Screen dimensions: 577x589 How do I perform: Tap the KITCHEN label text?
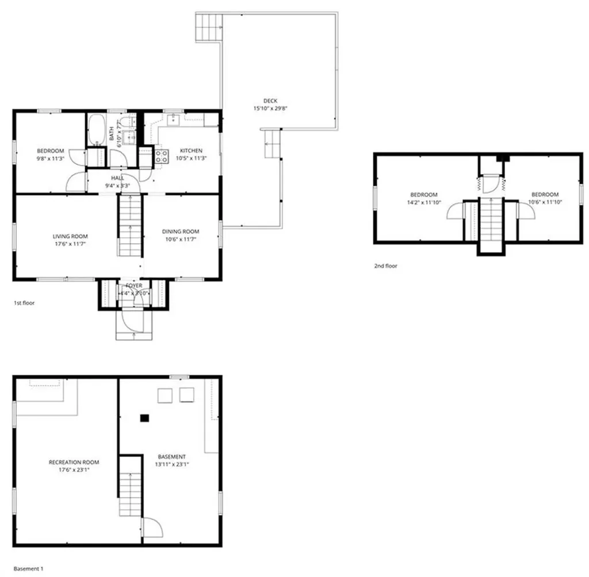pyautogui.click(x=190, y=151)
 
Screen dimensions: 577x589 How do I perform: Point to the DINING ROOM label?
pyautogui.click(x=181, y=232)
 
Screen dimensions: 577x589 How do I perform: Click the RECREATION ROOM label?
pyautogui.click(x=74, y=462)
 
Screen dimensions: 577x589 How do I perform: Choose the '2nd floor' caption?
pyautogui.click(x=385, y=266)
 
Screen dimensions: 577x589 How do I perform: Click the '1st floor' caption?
pyautogui.click(x=25, y=302)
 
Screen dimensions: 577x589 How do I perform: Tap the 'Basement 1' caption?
pyautogui.click(x=28, y=569)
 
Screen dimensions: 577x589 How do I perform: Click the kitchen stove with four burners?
pyautogui.click(x=162, y=157)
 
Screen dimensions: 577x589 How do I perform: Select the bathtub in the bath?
pyautogui.click(x=96, y=129)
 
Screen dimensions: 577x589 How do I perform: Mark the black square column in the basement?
pyautogui.click(x=146, y=418)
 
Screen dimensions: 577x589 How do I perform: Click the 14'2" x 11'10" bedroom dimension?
pyautogui.click(x=423, y=202)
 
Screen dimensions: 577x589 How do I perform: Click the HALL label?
pyautogui.click(x=117, y=178)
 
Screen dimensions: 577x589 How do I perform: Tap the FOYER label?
pyautogui.click(x=133, y=285)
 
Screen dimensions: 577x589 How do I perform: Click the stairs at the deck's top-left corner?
pyautogui.click(x=209, y=27)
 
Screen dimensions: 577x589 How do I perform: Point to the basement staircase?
pyautogui.click(x=131, y=486)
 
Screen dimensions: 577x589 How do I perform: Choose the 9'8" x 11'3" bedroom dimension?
pyautogui.click(x=51, y=158)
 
